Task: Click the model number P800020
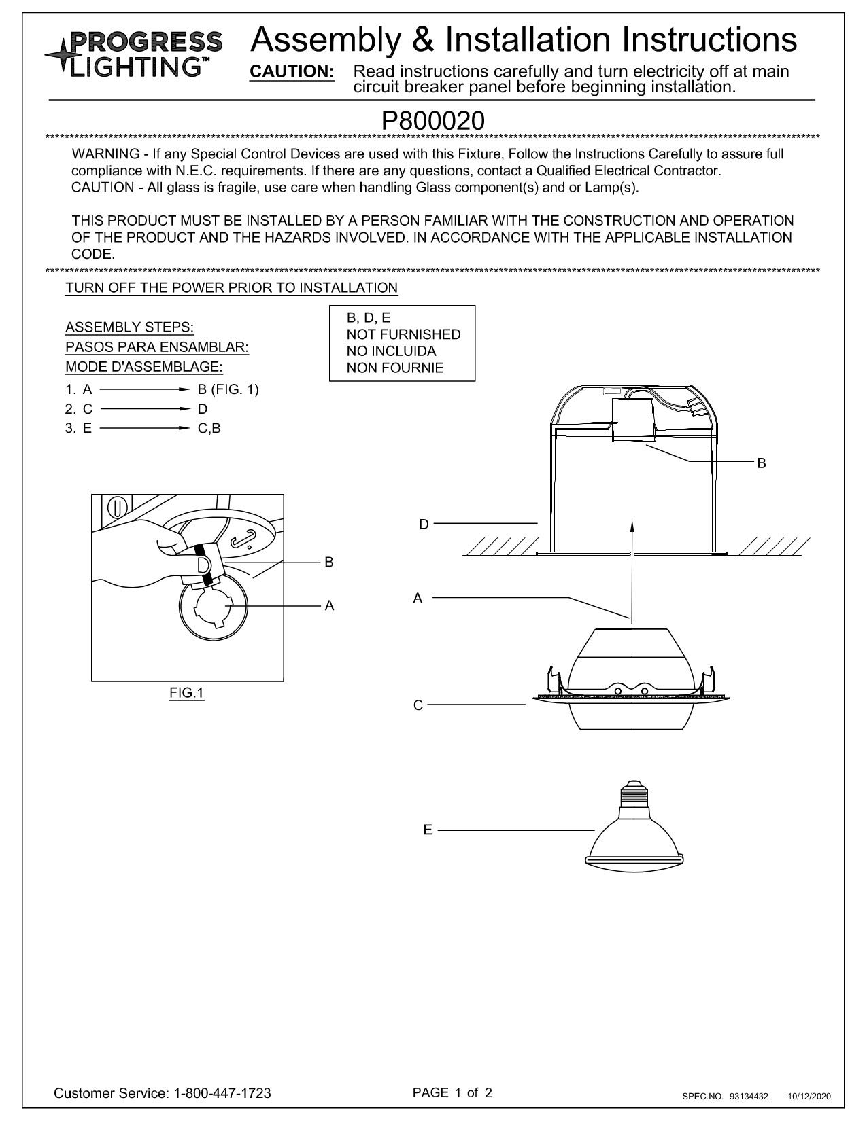click(433, 121)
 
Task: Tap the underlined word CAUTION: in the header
click(292, 72)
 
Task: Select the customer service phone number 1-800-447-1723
click(223, 1093)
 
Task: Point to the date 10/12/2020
click(809, 1096)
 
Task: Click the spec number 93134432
click(749, 1096)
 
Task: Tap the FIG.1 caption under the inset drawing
click(187, 693)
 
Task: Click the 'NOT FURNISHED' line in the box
click(403, 334)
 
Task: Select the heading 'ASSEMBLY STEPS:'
click(130, 327)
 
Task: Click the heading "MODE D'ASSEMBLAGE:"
click(144, 367)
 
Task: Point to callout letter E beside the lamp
click(427, 830)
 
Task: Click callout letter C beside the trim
click(418, 705)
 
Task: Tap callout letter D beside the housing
click(424, 524)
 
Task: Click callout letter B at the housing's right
click(762, 463)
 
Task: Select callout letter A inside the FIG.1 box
click(329, 605)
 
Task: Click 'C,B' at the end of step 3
click(209, 428)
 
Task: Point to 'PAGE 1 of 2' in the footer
click(452, 1092)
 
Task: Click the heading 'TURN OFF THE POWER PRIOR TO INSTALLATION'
click(231, 287)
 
